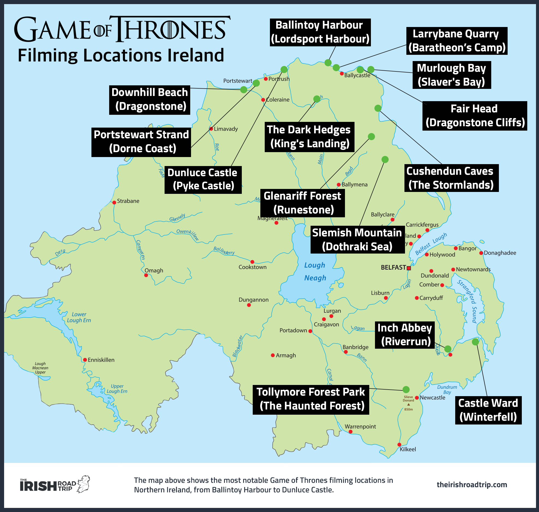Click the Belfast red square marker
tap(409, 268)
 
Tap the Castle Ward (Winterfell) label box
tap(488, 410)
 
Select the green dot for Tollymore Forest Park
tap(406, 390)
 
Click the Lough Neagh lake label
tap(315, 272)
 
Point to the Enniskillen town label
tap(101, 360)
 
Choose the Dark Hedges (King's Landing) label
tap(309, 137)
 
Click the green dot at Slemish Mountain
tap(385, 159)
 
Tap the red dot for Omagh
tap(146, 275)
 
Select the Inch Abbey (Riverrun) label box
tap(405, 335)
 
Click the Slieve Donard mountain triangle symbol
tap(409, 405)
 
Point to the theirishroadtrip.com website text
tap(472, 484)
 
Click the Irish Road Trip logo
tap(55, 484)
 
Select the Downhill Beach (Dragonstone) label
tap(150, 100)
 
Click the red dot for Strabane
tap(114, 203)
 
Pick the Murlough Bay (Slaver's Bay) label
tap(452, 75)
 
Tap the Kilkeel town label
tap(408, 449)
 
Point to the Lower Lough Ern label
tap(79, 317)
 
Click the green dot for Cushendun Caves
tap(378, 108)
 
